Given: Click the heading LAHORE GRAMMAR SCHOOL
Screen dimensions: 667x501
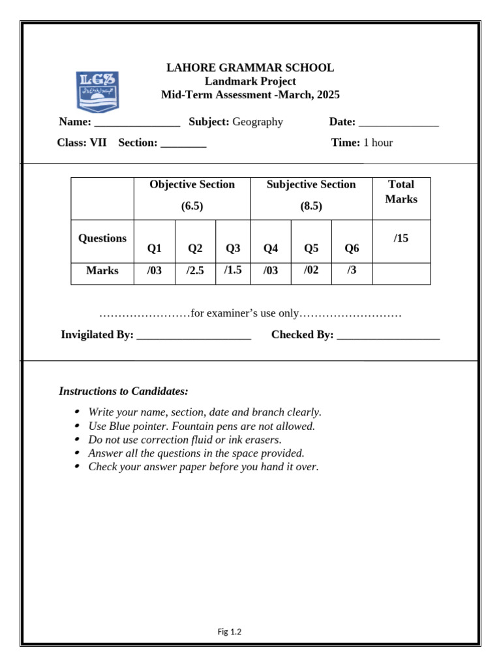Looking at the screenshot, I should [250, 68].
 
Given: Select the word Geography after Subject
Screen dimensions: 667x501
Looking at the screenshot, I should [258, 122].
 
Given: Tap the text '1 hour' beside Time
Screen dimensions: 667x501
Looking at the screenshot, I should [378, 143].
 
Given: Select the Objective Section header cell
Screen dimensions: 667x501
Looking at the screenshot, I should [192, 195].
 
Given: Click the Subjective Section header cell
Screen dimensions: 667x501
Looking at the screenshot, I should [311, 195].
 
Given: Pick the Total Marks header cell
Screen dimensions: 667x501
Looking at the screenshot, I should [401, 192].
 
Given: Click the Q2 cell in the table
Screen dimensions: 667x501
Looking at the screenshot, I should [195, 248].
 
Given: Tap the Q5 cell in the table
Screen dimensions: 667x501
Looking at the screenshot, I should [311, 248].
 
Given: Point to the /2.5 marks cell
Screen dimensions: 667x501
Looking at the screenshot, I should [195, 271].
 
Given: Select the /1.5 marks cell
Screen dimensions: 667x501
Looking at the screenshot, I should [233, 270].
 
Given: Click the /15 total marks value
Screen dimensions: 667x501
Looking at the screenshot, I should [401, 238].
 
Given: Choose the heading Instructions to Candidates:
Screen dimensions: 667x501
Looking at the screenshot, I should [123, 391].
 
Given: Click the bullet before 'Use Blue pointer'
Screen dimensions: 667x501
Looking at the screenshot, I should [78, 426].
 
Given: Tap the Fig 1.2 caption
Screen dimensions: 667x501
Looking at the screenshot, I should [230, 631].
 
